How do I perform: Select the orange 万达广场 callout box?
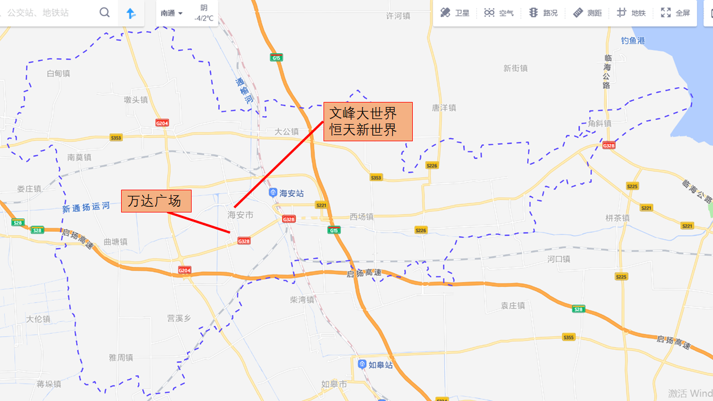(156, 201)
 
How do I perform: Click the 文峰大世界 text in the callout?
(363, 113)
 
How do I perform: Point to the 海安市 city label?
(241, 215)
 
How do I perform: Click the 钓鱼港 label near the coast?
(633, 41)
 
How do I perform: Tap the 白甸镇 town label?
(59, 73)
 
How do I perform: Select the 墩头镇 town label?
(136, 100)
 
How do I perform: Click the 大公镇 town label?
(287, 132)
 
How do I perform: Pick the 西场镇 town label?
(362, 217)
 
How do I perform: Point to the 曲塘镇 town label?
(115, 242)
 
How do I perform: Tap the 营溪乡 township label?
(179, 318)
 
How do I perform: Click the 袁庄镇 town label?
(513, 306)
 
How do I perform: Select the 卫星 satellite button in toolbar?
(455, 13)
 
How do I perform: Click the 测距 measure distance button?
(587, 13)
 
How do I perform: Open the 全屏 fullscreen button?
(675, 13)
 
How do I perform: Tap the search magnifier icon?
(105, 13)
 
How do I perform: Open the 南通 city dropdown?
(172, 13)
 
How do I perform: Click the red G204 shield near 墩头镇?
(162, 123)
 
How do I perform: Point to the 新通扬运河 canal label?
(86, 207)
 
